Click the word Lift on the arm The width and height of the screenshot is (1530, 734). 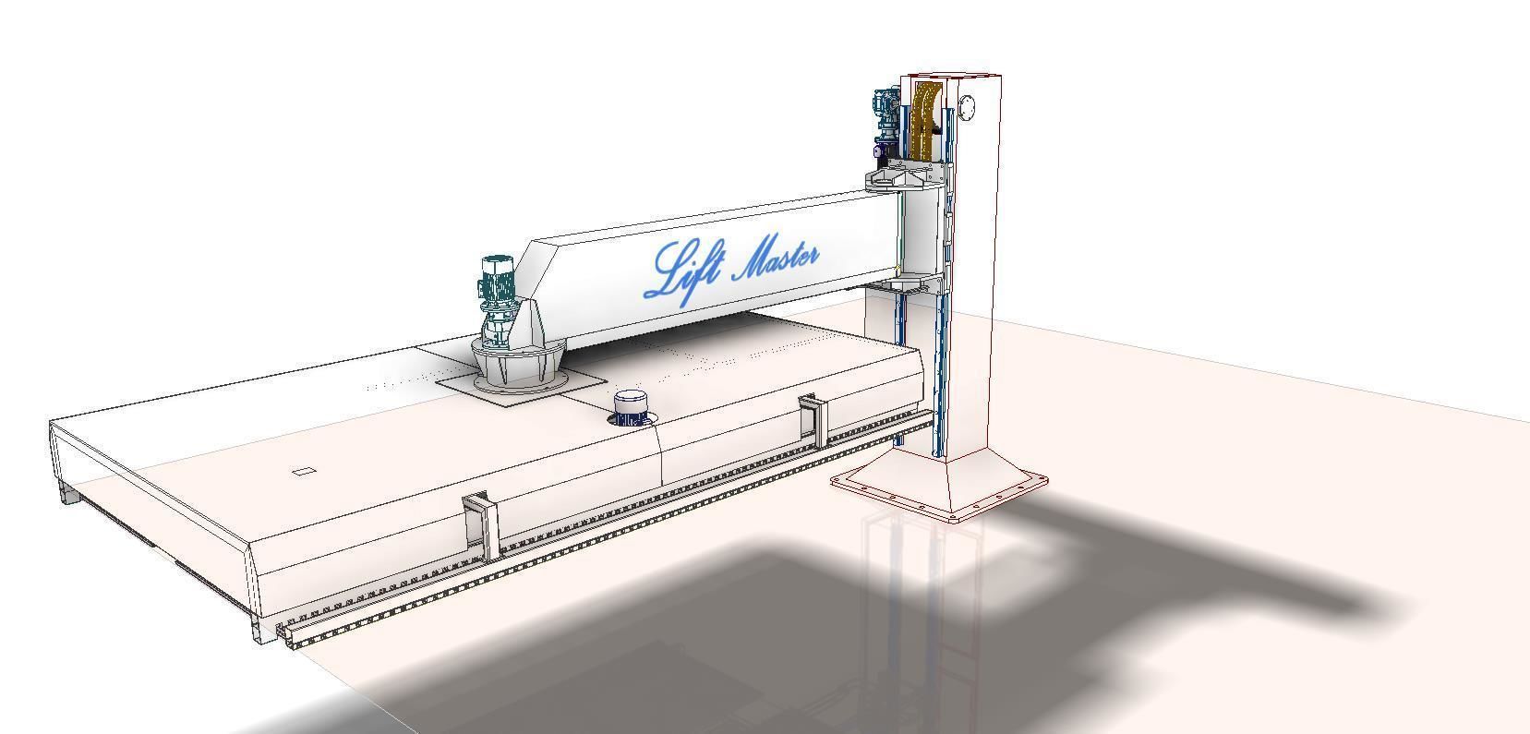(x=679, y=270)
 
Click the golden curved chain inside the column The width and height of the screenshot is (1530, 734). (x=922, y=120)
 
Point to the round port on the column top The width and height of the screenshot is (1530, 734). (x=967, y=108)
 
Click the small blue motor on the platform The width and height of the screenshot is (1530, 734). (x=631, y=407)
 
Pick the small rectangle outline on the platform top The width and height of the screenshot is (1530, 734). (x=304, y=472)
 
